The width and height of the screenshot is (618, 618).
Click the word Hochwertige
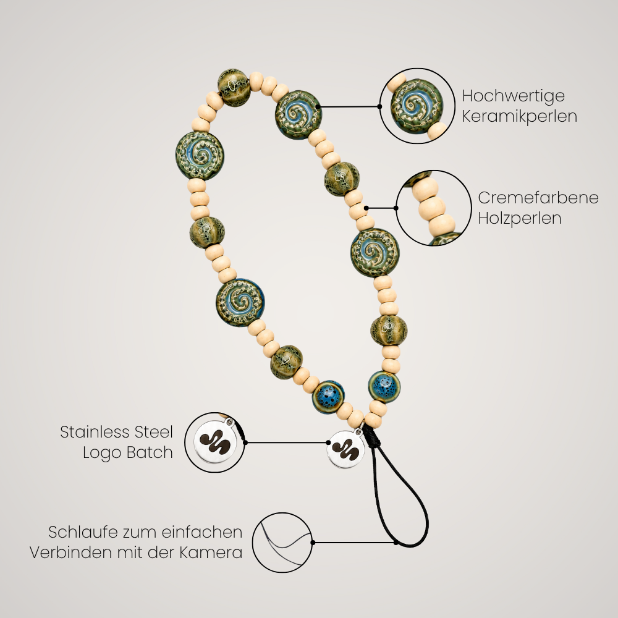(x=513, y=96)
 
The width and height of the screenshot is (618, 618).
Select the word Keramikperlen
(x=520, y=117)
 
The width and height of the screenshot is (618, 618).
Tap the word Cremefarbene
(x=538, y=198)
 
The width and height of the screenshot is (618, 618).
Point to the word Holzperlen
(x=520, y=218)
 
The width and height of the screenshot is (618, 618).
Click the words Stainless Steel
(x=117, y=432)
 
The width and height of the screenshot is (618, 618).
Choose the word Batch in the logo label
(x=152, y=452)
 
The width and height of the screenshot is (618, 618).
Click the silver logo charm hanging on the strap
(x=345, y=449)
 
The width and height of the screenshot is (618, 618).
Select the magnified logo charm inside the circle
(x=215, y=442)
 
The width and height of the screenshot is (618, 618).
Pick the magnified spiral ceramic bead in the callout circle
(x=417, y=106)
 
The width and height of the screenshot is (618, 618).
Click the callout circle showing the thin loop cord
(x=282, y=543)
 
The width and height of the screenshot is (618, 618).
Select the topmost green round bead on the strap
(x=234, y=88)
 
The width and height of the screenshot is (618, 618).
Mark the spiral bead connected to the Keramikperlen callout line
(x=298, y=114)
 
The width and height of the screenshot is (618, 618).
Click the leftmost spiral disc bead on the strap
(x=200, y=156)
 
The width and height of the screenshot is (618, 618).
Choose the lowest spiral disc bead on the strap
(x=240, y=303)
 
